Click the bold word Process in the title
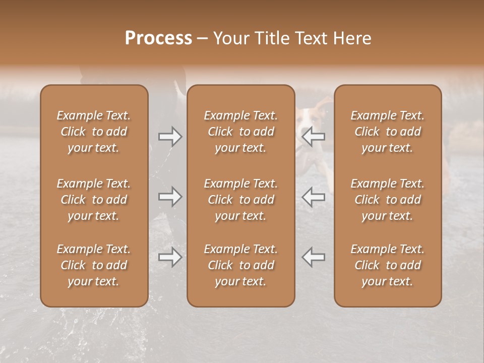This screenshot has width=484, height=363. (158, 38)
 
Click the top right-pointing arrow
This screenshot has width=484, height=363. (170, 137)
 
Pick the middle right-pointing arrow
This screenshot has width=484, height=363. (170, 196)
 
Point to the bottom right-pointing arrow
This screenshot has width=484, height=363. (170, 257)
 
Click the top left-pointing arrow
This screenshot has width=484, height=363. (314, 137)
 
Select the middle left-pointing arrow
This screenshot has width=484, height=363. (314, 196)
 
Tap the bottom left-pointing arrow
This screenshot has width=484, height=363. (314, 257)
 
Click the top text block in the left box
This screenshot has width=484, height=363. (94, 132)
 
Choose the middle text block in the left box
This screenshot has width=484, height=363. (94, 200)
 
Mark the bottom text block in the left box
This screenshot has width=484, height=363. (94, 265)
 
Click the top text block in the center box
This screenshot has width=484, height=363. (240, 132)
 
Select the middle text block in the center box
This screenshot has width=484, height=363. (240, 200)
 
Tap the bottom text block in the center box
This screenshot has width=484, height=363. (240, 265)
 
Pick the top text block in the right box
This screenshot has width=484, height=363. (387, 132)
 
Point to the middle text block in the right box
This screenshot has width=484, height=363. (387, 200)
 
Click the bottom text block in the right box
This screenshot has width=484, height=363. (387, 265)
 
